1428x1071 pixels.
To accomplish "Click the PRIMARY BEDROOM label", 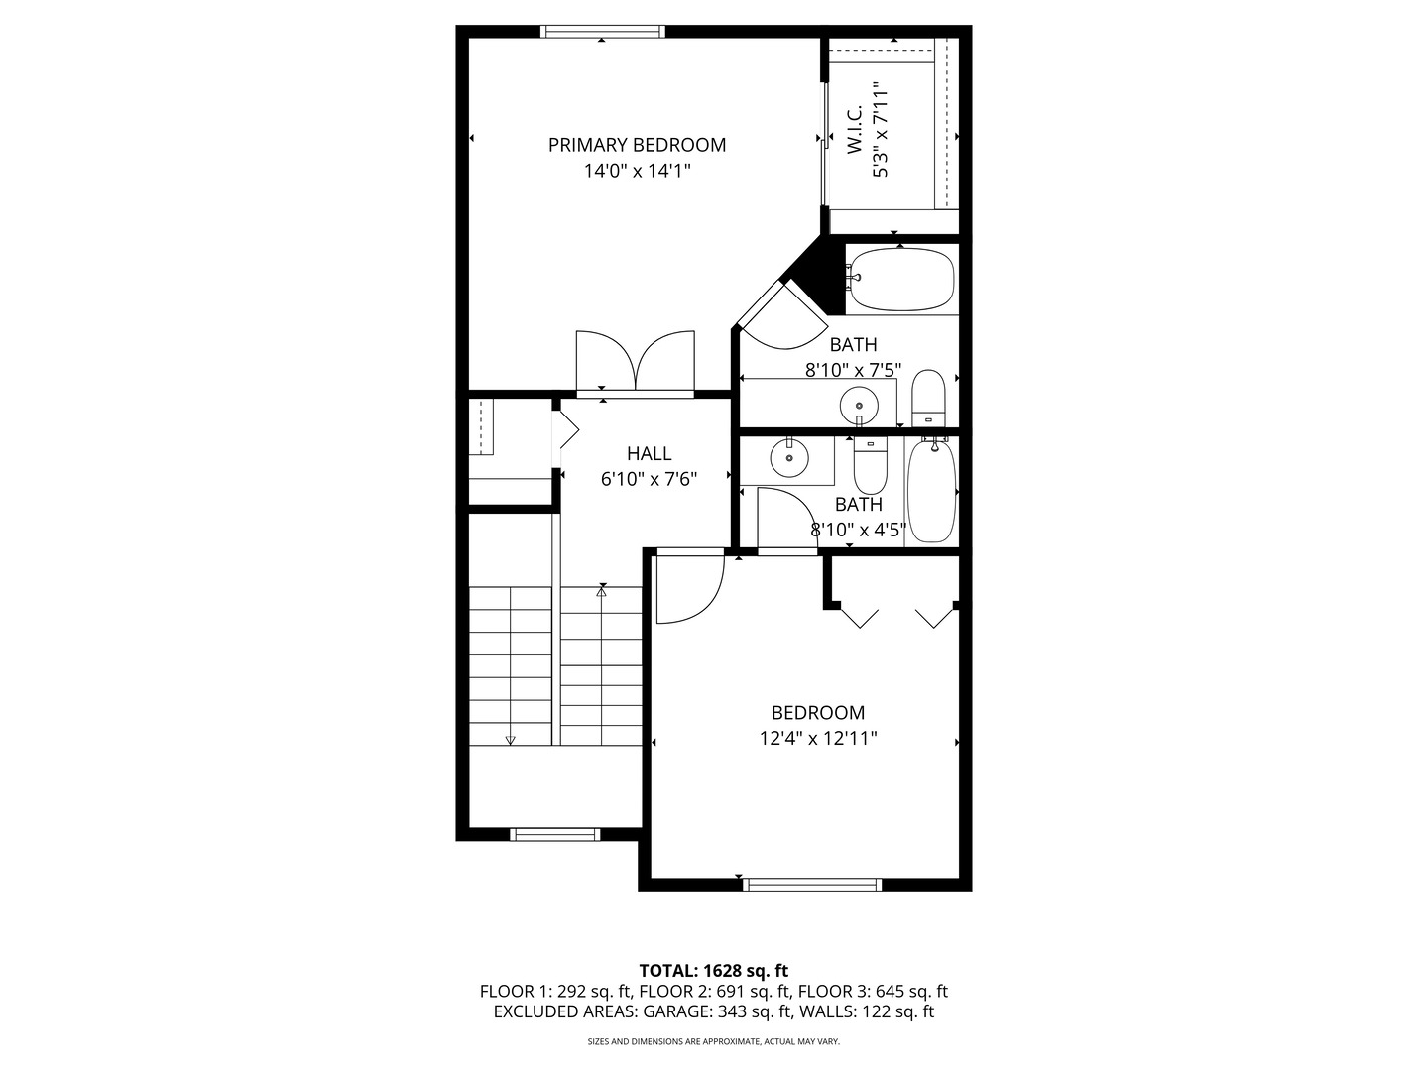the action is tap(637, 145).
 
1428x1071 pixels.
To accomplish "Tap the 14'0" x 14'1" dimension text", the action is tap(637, 171).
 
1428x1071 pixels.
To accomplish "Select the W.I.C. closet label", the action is tap(854, 129).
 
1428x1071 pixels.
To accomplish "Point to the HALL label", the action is tap(649, 453).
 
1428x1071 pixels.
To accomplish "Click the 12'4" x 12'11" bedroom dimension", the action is tap(818, 739).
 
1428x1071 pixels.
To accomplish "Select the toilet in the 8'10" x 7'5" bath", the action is tap(928, 398).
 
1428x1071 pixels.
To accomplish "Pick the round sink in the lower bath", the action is tap(789, 458).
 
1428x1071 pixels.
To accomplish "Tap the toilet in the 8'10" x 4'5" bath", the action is tap(870, 466).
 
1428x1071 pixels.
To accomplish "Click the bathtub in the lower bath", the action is tap(931, 490).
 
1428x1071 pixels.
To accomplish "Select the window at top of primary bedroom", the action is tap(603, 31).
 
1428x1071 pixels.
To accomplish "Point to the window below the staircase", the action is tap(555, 834).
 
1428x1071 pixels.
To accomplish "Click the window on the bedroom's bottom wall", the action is tap(812, 885).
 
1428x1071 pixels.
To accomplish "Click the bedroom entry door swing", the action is tap(690, 586).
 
